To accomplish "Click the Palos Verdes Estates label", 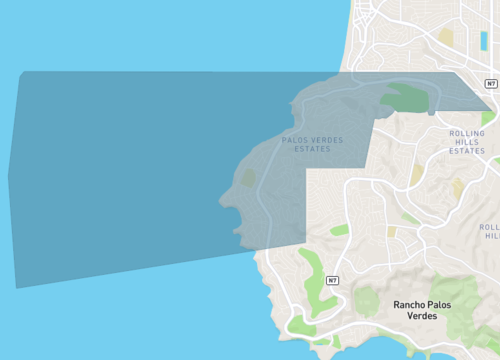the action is pyautogui.click(x=312, y=144).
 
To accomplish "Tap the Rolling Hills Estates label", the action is pyautogui.click(x=466, y=142).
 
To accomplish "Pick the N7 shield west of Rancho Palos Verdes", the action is pyautogui.click(x=331, y=280).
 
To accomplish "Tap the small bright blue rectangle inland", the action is pyautogui.click(x=484, y=40).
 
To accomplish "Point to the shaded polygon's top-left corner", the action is pyautogui.click(x=21, y=72).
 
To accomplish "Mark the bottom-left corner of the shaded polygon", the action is pyautogui.click(x=16, y=287).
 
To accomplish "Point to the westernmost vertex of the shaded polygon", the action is pyautogui.click(x=9, y=178).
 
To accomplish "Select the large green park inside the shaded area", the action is pyautogui.click(x=404, y=97).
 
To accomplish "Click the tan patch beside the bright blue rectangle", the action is pyautogui.click(x=446, y=37).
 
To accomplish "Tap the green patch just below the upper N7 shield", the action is pyautogui.click(x=487, y=118).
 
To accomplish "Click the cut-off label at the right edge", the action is pyautogui.click(x=490, y=232).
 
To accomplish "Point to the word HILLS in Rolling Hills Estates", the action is pyautogui.click(x=466, y=142).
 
